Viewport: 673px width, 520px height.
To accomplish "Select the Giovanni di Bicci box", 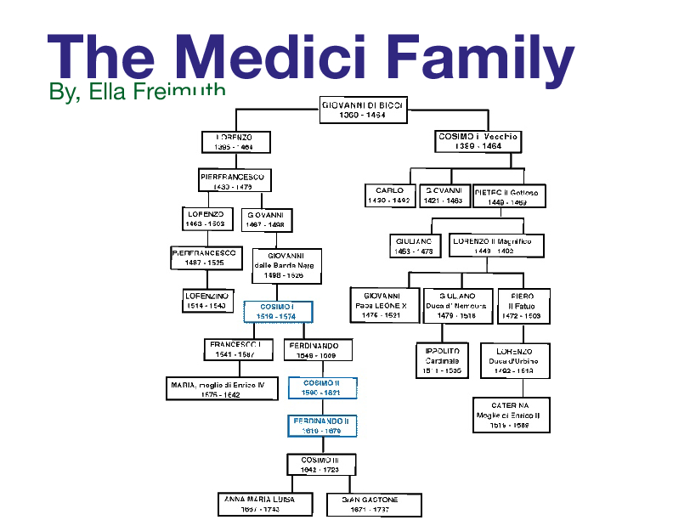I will [x=363, y=110].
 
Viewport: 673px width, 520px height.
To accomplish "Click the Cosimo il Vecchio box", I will [x=478, y=141].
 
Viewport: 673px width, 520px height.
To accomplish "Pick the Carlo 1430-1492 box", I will [x=389, y=195].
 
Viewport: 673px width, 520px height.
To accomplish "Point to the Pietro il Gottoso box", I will [x=506, y=197].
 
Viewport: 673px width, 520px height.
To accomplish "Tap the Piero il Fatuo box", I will [x=522, y=305].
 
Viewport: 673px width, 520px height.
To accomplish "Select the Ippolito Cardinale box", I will [x=443, y=361].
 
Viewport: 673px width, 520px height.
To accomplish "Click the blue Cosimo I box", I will [x=277, y=311].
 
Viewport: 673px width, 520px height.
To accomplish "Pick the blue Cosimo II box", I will [x=320, y=387].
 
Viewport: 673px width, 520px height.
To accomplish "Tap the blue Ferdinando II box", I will [x=321, y=426].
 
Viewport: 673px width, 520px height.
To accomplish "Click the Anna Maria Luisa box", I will [x=259, y=505].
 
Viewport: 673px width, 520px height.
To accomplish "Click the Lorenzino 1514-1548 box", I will [x=206, y=301].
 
